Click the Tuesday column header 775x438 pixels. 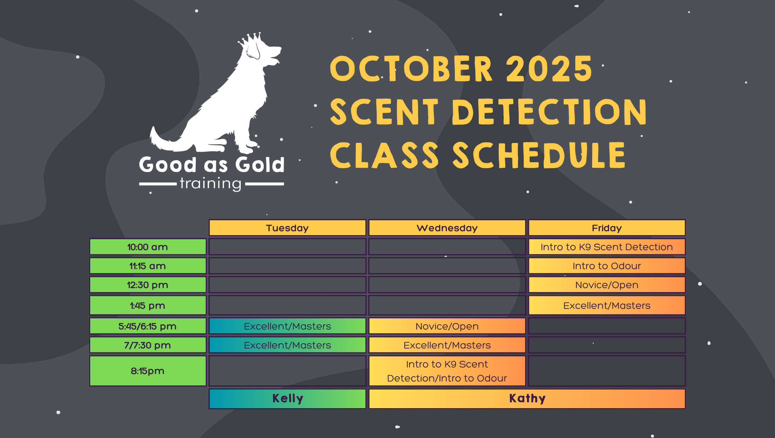pyautogui.click(x=287, y=228)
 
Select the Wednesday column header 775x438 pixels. pyautogui.click(x=447, y=228)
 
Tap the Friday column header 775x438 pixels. pyautogui.click(x=607, y=228)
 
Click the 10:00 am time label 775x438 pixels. pyautogui.click(x=148, y=247)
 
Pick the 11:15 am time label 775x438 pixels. pyautogui.click(x=148, y=266)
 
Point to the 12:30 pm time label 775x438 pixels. pyautogui.click(x=148, y=285)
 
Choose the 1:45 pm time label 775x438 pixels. pyautogui.click(x=148, y=305)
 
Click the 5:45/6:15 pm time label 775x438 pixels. pyautogui.click(x=148, y=326)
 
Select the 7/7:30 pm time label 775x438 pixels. pyautogui.click(x=148, y=345)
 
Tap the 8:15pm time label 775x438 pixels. pyautogui.click(x=148, y=371)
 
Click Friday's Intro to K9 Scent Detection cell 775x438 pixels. pyautogui.click(x=607, y=247)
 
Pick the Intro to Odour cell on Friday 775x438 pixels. pyautogui.click(x=607, y=266)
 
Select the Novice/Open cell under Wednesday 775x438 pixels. pyautogui.click(x=447, y=326)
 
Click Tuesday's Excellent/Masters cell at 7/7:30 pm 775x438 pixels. pyautogui.click(x=287, y=345)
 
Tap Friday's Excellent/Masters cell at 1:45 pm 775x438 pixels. pyautogui.click(x=607, y=305)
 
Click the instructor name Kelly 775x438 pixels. pyautogui.click(x=287, y=398)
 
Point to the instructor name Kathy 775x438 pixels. pyautogui.click(x=527, y=398)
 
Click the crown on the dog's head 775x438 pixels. pyautogui.click(x=251, y=39)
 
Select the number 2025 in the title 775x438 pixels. pyautogui.click(x=549, y=69)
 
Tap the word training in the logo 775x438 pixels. pyautogui.click(x=211, y=184)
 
